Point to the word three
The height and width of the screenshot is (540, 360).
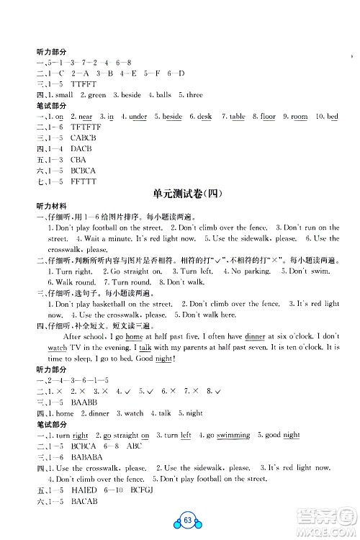pyautogui.click(x=194, y=94)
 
